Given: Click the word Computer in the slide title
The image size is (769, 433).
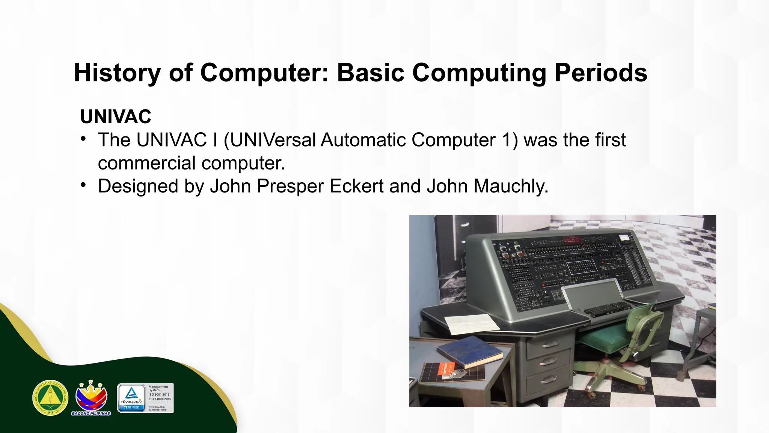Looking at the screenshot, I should [264, 73].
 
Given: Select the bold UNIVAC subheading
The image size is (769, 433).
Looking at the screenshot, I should [116, 117].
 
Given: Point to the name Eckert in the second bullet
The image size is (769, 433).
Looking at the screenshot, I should [357, 186].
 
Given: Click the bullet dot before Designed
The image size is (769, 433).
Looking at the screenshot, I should [83, 185].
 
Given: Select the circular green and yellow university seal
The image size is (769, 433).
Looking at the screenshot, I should [50, 398].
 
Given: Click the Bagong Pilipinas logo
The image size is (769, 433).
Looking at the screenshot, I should [91, 398].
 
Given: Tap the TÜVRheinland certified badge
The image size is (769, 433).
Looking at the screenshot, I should [131, 398].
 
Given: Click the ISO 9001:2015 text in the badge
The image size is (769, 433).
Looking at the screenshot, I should [159, 395].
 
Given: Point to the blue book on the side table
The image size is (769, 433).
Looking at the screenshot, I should [469, 351].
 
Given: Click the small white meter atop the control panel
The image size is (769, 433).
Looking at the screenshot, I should [624, 238].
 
